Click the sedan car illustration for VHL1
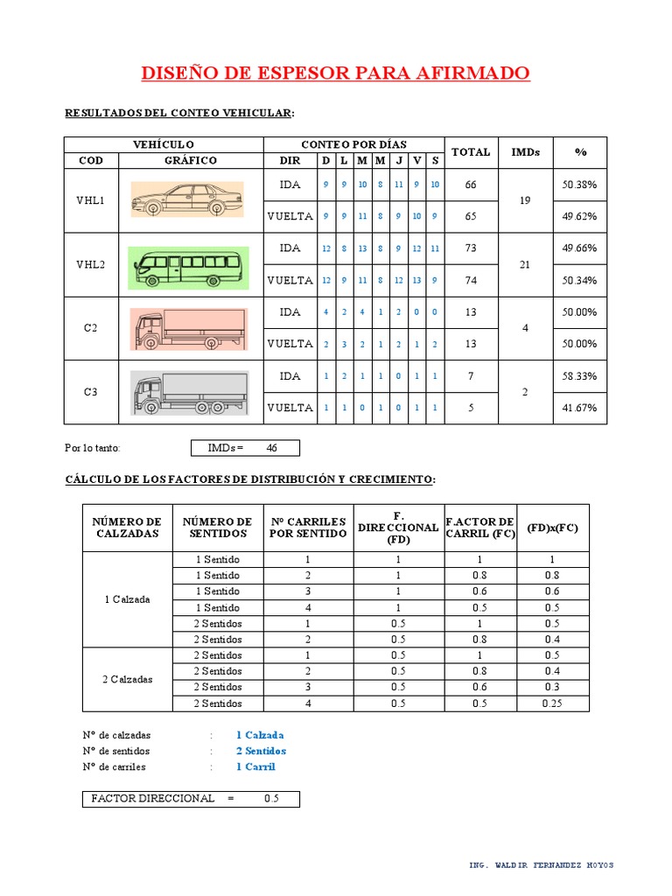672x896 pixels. coord(187,199)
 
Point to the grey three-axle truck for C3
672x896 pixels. coord(189,393)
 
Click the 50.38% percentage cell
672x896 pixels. coord(579,185)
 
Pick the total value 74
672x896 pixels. coord(471,280)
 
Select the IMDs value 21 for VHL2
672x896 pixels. coord(525,264)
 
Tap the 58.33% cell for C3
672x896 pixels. coord(579,376)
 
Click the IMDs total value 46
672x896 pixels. coord(271,448)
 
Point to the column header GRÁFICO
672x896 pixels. coord(191,161)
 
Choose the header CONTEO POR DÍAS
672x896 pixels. coord(353,144)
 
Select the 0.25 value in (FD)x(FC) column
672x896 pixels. coord(552,703)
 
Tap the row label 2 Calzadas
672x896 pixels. coord(127,679)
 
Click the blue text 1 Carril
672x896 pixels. coord(255,766)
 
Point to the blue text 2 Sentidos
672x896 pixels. coord(261,751)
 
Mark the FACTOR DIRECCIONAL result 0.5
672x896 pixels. coord(271,799)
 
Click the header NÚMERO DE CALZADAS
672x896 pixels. coord(128,528)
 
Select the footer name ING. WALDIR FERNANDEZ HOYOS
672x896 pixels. coord(542,865)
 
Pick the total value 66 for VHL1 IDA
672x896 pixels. coord(471,185)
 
